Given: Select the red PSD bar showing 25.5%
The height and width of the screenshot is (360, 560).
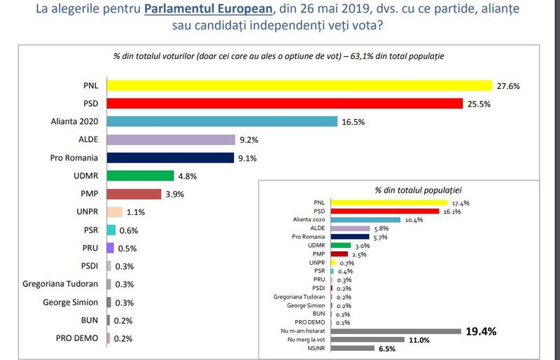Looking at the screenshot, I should [285, 104].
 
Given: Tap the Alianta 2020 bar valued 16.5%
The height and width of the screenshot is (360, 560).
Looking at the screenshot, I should [223, 121].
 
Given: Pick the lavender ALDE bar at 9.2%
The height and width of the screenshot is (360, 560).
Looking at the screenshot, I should [171, 139].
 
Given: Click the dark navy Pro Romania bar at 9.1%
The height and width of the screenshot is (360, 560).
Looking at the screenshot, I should [170, 158].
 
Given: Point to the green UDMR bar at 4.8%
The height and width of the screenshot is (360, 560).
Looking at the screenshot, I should [140, 176].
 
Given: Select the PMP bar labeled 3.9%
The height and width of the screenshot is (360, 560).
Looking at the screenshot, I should [134, 194].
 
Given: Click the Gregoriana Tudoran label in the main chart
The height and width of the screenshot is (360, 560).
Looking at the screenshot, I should [63, 284].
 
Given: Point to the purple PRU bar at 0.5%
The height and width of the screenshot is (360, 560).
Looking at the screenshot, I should [110, 248].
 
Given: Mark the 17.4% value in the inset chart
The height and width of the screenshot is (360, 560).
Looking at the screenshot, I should [460, 202].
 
